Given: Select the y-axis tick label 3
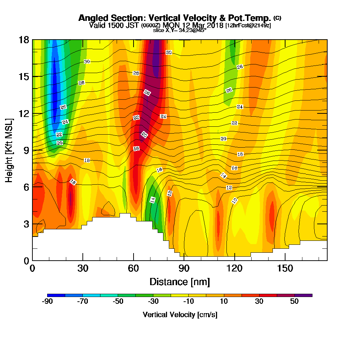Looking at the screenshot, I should tap(26, 224).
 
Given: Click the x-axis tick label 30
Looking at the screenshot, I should tap(83, 269).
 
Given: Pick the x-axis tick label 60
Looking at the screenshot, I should tap(134, 269).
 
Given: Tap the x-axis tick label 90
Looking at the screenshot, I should tap(184, 269).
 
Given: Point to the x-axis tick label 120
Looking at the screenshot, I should tap(235, 269).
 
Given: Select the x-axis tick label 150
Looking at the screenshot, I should tap(285, 269).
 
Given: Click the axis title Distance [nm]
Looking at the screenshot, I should tap(180, 282).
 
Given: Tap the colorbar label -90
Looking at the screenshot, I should tap(48, 301).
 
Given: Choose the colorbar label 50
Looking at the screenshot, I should tap(294, 301).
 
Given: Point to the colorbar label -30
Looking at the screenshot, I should tap(153, 301).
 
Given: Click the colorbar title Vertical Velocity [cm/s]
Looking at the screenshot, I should tap(180, 315).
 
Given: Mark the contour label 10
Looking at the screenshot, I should tap(234, 201).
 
